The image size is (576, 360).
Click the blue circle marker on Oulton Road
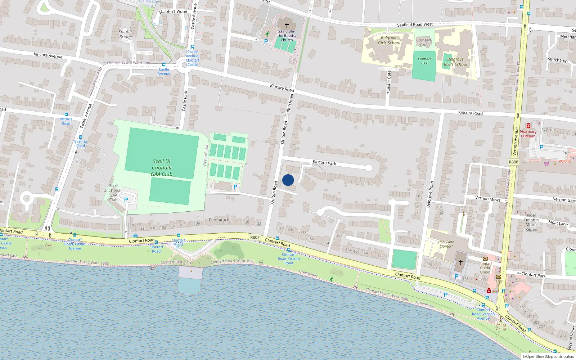coord(288,180)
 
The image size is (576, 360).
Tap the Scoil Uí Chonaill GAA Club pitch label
coord(162,168)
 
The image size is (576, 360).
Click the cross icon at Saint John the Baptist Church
coord(287,25)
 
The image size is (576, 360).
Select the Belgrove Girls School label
coord(389,40)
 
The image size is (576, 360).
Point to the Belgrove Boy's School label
coord(455,62)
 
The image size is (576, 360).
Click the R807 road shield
coord(255,237)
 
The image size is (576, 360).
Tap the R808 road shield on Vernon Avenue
coord(513,162)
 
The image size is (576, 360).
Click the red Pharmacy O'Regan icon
coord(528,126)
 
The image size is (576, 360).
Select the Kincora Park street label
coord(324,162)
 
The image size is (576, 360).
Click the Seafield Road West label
coord(415,24)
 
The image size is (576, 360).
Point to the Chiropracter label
coord(220,220)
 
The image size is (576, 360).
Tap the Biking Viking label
coord(500,327)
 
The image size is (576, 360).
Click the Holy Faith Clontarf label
coord(446,244)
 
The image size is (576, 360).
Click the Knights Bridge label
coord(125,34)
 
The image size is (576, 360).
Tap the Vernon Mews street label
coord(487,199)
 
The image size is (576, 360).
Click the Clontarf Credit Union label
coord(485,268)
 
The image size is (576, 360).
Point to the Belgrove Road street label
coord(430,194)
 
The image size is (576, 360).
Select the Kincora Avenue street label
coord(48,55)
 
